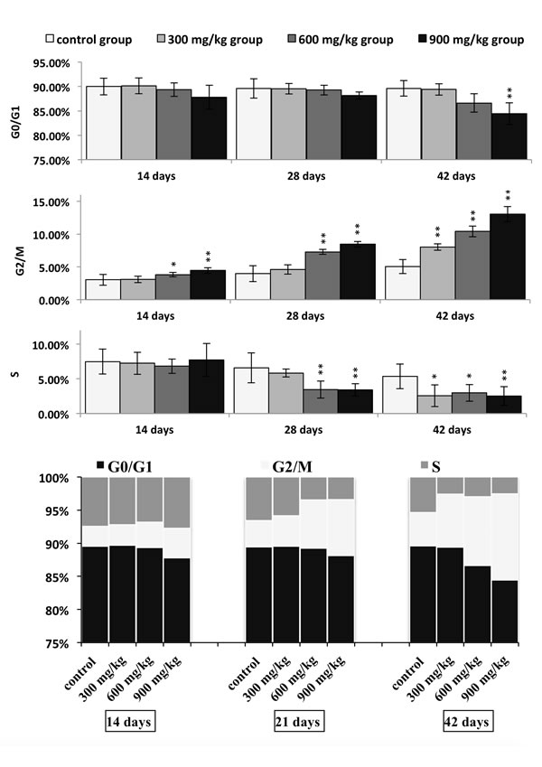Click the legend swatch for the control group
click(x=51, y=40)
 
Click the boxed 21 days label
click(x=298, y=724)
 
